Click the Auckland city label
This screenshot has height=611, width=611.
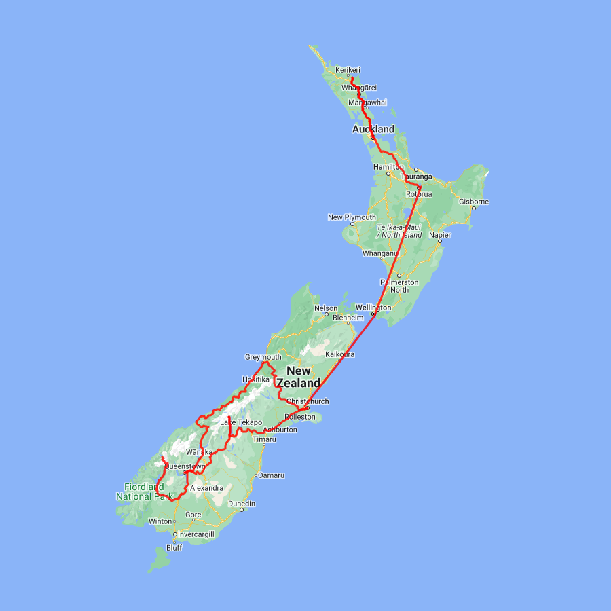373,129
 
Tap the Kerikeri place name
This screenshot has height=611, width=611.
348,69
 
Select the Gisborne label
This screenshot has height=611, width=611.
474,202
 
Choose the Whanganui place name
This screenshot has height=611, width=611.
382,253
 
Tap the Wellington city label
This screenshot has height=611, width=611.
373,308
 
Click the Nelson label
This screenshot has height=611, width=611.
326,308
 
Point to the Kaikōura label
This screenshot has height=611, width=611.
340,354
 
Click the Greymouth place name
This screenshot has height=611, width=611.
263,357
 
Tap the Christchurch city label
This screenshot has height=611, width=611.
308,401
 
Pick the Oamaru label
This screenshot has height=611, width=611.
272,475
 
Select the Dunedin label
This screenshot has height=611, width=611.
242,504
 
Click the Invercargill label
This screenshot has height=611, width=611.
196,534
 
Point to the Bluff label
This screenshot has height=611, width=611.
174,548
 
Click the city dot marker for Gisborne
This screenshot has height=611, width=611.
473,208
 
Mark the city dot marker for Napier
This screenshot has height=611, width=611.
440,240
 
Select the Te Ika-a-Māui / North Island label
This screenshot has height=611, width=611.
399,231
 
